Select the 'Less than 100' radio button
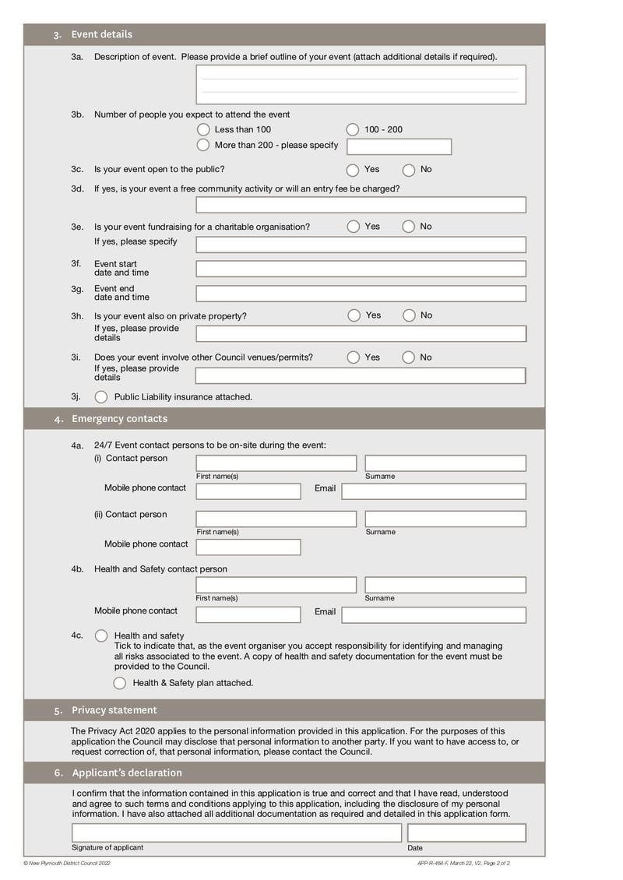203,129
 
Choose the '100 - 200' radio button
353,129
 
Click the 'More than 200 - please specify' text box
399,146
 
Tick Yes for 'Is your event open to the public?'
353,170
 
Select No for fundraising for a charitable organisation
409,227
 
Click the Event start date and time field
361,269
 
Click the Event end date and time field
361,294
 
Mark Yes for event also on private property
354,315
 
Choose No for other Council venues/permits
409,357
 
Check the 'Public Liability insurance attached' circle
101,397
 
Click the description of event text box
361,85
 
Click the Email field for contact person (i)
434,491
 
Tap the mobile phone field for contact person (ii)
248,547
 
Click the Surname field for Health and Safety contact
445,585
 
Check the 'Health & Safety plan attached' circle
119,683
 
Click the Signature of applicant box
237,832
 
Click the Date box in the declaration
466,832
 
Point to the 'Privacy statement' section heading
114,710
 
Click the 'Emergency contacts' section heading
119,419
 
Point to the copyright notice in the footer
67,863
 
